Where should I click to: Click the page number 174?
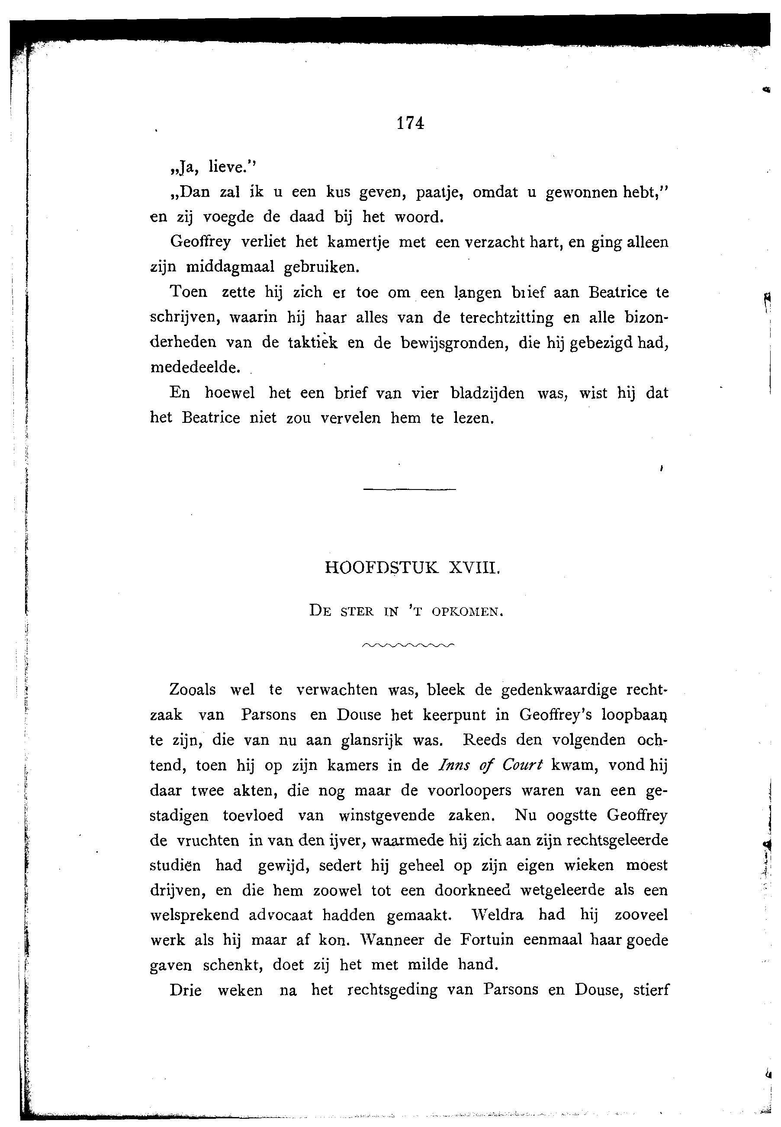[410, 123]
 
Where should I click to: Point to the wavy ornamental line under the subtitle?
[408, 645]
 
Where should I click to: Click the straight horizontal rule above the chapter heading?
[410, 489]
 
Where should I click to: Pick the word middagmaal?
[229, 267]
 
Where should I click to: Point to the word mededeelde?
[195, 368]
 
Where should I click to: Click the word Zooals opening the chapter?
[192, 690]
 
